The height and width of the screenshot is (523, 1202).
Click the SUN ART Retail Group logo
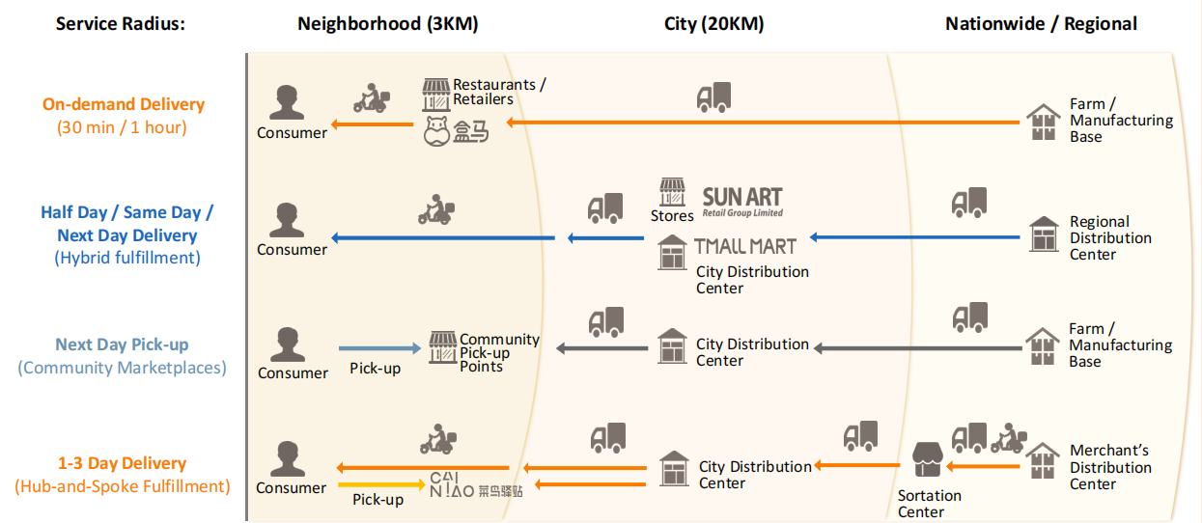tap(741, 202)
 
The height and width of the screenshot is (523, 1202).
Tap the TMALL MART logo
tap(745, 246)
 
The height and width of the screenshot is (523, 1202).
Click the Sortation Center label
tap(929, 504)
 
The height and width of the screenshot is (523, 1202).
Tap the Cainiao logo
tap(477, 484)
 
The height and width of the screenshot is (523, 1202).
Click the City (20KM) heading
tap(713, 24)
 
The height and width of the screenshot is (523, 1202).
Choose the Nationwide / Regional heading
tap(1041, 24)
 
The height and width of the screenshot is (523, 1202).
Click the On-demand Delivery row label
tap(124, 104)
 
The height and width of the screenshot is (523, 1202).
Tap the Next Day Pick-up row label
tap(122, 344)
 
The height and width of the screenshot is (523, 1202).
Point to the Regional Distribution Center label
tap(1110, 238)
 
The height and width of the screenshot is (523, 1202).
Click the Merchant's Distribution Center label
tap(1110, 467)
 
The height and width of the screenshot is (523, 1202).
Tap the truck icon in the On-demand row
tap(713, 96)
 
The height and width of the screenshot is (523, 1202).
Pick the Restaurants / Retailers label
tap(498, 92)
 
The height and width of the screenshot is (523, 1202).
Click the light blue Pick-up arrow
tap(381, 348)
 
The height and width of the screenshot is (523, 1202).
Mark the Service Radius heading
tap(121, 24)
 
